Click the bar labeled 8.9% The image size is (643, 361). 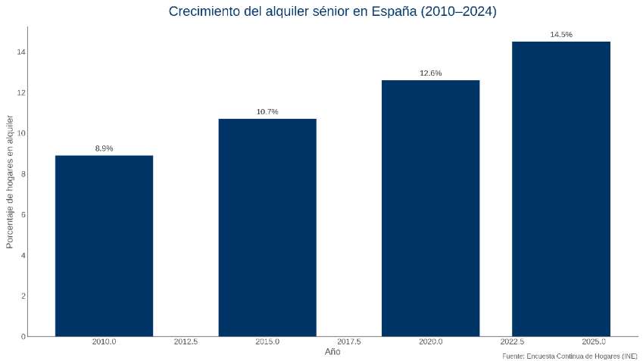pyautogui.click(x=104, y=246)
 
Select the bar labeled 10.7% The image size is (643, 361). pyautogui.click(x=267, y=227)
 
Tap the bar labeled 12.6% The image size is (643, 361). pyautogui.click(x=430, y=208)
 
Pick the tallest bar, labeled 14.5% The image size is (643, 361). pyautogui.click(x=560, y=189)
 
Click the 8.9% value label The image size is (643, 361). pyautogui.click(x=104, y=148)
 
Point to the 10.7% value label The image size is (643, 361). pyautogui.click(x=267, y=112)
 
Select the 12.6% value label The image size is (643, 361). pyautogui.click(x=430, y=73)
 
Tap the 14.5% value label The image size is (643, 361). pyautogui.click(x=560, y=35)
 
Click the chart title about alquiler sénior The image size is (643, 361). pyautogui.click(x=332, y=11)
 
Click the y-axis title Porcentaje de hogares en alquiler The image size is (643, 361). pyautogui.click(x=10, y=182)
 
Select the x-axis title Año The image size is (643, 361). pyautogui.click(x=332, y=352)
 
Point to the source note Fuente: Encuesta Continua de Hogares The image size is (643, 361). pyautogui.click(x=570, y=356)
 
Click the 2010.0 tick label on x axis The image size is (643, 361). pyautogui.click(x=104, y=342)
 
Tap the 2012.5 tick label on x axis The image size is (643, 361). pyautogui.click(x=186, y=342)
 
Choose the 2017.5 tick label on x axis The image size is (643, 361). pyautogui.click(x=348, y=342)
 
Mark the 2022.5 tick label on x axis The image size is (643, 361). pyautogui.click(x=512, y=342)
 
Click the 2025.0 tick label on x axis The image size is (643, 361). pyautogui.click(x=593, y=342)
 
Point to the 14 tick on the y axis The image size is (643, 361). pyautogui.click(x=21, y=51)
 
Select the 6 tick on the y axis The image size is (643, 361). pyautogui.click(x=23, y=214)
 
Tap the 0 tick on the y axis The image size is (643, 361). pyautogui.click(x=23, y=336)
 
